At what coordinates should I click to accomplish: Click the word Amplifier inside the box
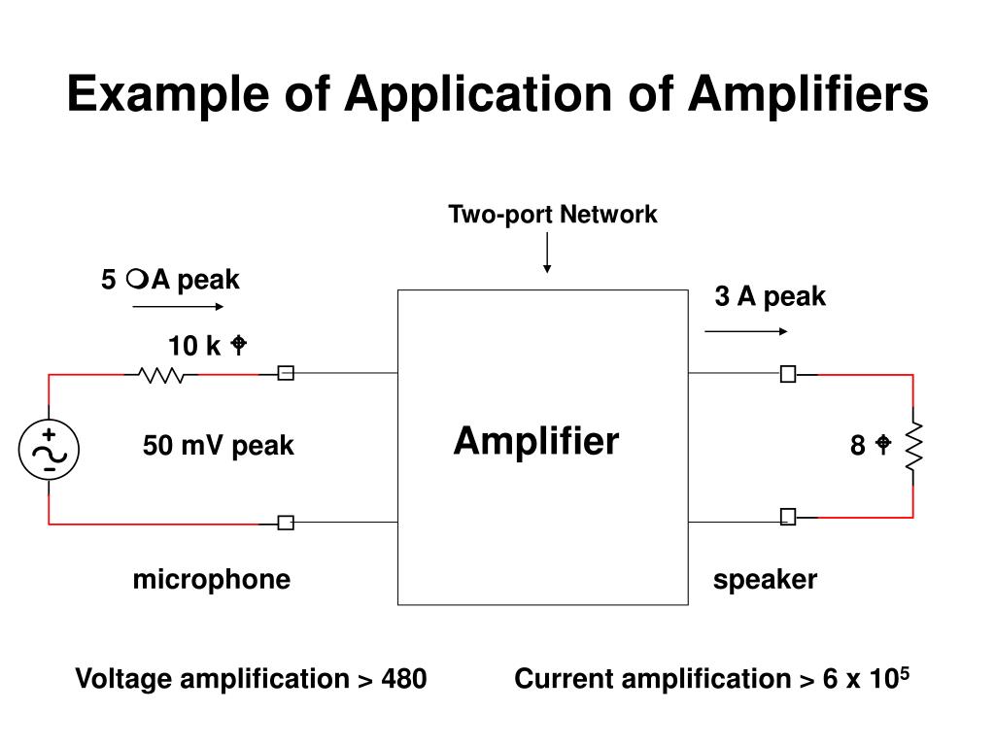coord(535,442)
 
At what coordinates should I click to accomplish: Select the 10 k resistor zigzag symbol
coord(162,374)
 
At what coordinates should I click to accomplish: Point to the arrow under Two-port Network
coord(548,253)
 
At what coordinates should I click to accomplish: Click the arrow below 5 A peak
coord(178,306)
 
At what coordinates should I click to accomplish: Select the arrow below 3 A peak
coord(746,331)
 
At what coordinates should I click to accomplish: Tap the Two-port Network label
coord(553,215)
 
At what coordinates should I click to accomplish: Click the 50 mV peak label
coord(218,446)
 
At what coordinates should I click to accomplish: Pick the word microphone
coord(211,580)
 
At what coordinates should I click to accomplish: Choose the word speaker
coord(766,580)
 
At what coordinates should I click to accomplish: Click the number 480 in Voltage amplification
coord(404,679)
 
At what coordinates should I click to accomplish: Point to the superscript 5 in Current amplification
coord(904,671)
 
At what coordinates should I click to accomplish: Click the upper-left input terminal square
coord(286,374)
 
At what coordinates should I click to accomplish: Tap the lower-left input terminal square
coord(286,523)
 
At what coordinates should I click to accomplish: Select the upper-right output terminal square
coord(788,374)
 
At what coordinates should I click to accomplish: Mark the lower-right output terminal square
coord(788,517)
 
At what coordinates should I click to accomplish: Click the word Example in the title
coord(175,95)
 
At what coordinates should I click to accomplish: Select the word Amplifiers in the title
coord(808,95)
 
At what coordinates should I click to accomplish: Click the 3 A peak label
coord(771,297)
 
